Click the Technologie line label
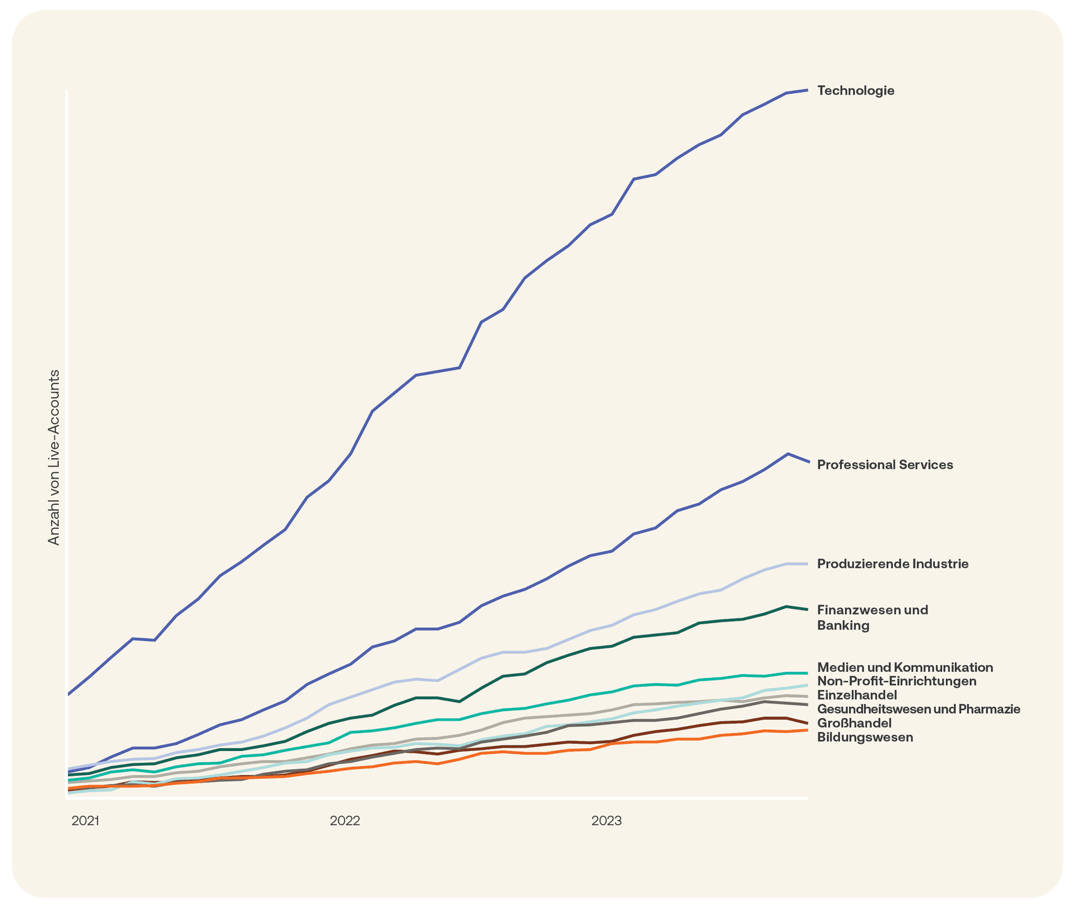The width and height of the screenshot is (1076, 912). (x=855, y=90)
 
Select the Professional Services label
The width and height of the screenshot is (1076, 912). (x=884, y=464)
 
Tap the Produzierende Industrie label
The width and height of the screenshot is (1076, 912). (x=892, y=564)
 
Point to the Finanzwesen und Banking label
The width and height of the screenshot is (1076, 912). (x=872, y=617)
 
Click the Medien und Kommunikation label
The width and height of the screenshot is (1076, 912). (x=905, y=667)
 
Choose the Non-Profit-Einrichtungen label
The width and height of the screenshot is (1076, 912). (x=896, y=681)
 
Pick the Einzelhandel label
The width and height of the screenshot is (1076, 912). (x=856, y=695)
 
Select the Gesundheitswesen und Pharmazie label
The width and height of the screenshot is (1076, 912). (x=918, y=709)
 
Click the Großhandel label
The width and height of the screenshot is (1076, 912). (x=854, y=723)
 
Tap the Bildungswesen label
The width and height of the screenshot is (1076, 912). (x=865, y=737)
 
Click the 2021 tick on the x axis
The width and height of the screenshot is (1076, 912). (x=85, y=821)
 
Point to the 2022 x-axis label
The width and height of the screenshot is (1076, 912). (x=345, y=821)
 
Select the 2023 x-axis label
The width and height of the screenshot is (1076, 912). (x=606, y=821)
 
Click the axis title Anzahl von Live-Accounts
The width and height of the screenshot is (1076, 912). (x=54, y=457)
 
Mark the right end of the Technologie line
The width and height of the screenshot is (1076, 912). (x=807, y=90)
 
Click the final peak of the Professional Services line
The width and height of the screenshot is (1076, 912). (x=788, y=454)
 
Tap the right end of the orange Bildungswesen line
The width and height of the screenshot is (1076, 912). (x=807, y=730)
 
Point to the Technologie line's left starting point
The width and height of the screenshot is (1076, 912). (x=68, y=694)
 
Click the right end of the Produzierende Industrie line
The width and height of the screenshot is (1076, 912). (x=807, y=564)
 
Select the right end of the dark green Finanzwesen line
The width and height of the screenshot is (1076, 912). (x=807, y=609)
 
